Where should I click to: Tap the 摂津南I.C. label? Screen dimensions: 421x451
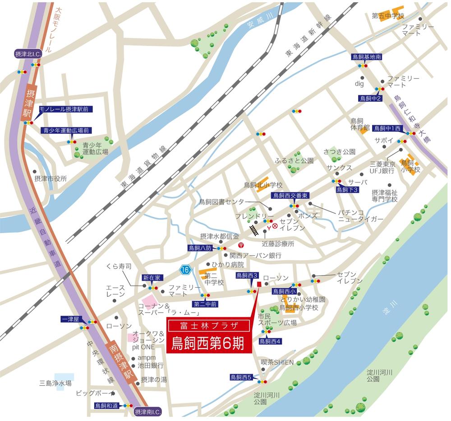pos(148,412)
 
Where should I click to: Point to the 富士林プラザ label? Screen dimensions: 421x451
pos(208,325)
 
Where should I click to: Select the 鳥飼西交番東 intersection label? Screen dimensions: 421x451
pos(290,195)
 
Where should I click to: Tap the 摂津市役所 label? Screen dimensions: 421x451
pos(51,178)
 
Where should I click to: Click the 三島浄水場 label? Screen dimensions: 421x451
pos(55,383)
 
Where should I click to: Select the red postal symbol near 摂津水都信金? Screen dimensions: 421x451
pos(241,245)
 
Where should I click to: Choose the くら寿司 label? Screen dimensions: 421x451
pos(119,267)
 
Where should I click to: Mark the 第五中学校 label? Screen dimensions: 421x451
pos(388,16)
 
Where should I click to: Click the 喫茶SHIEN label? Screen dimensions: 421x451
pos(277,362)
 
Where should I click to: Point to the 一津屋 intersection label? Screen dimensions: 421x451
pos(70,319)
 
